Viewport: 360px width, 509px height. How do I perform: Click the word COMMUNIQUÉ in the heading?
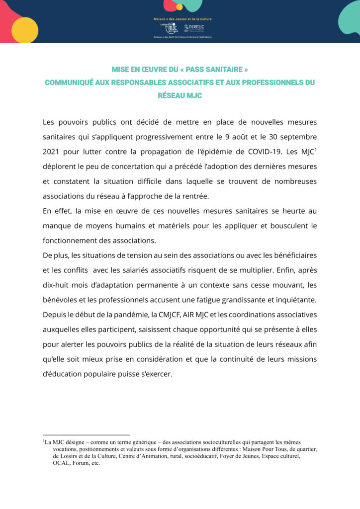pyautogui.click(x=70, y=83)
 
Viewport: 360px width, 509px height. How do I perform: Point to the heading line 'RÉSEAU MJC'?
pyautogui.click(x=180, y=95)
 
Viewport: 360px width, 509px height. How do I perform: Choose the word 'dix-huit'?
pyautogui.click(x=57, y=285)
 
